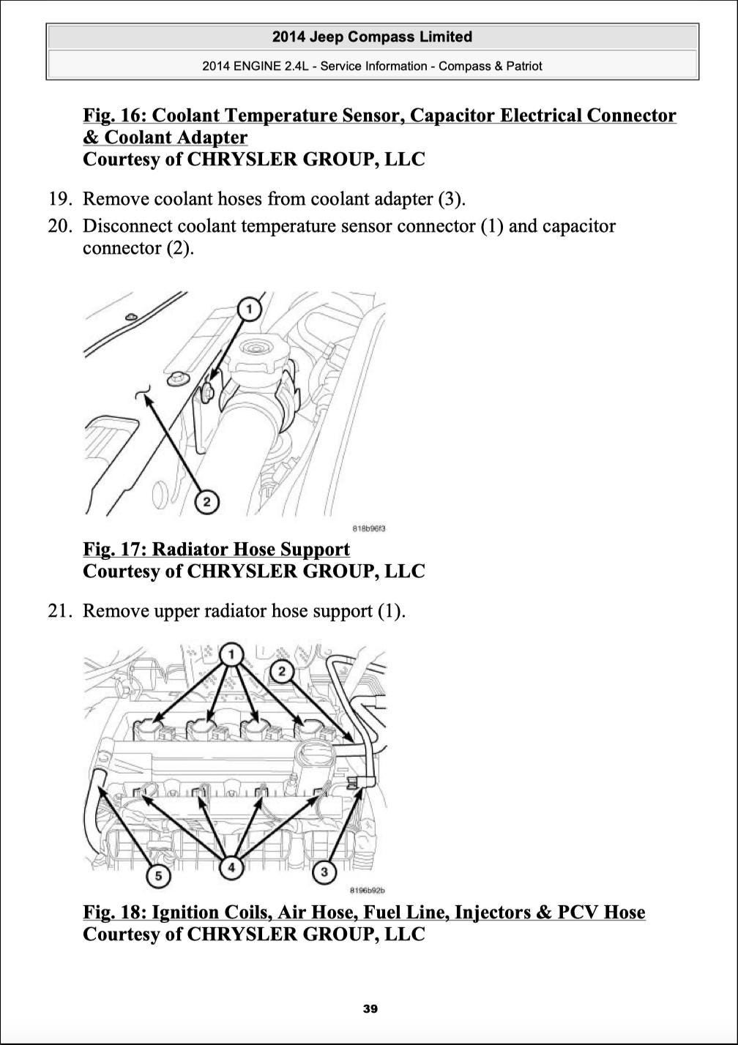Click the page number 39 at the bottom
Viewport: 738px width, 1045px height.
pyautogui.click(x=370, y=1009)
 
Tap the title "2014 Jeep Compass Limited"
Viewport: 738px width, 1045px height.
pyautogui.click(x=372, y=37)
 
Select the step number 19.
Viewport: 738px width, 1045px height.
pyautogui.click(x=58, y=199)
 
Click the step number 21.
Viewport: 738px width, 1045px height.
pyautogui.click(x=58, y=610)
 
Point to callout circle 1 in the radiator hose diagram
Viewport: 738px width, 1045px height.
pyautogui.click(x=249, y=310)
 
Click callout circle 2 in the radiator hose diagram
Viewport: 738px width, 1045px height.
pyautogui.click(x=207, y=501)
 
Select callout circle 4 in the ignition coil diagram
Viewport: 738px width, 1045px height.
pyautogui.click(x=231, y=868)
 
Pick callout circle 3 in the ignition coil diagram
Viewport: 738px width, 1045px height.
pyautogui.click(x=324, y=872)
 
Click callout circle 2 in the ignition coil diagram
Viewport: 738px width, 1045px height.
pyautogui.click(x=283, y=671)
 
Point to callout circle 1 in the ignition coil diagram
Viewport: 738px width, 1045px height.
pyautogui.click(x=232, y=654)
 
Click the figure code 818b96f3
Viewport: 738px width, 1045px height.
pyautogui.click(x=369, y=528)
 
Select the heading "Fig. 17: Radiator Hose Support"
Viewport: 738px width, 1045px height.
pyautogui.click(x=217, y=550)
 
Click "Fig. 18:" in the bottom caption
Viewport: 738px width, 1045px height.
pyautogui.click(x=115, y=913)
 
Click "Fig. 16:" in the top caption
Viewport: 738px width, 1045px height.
pyautogui.click(x=115, y=116)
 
